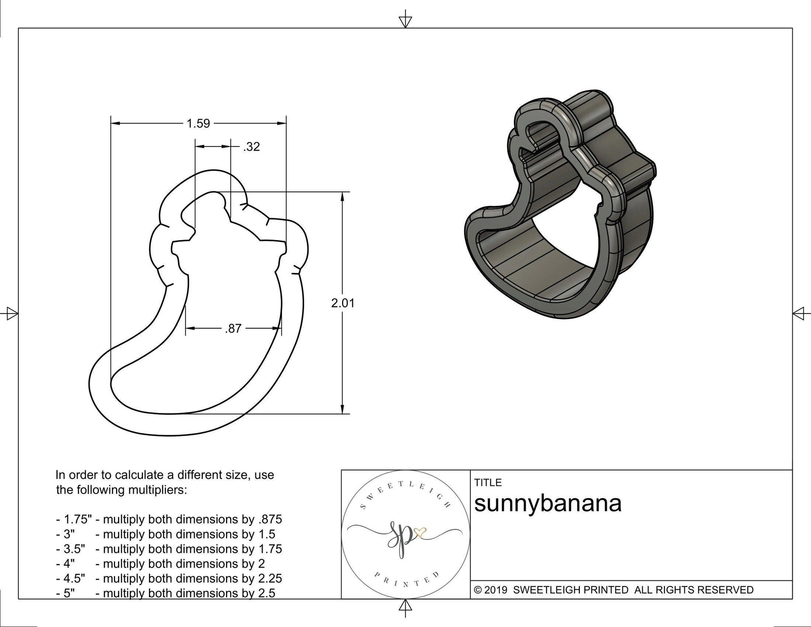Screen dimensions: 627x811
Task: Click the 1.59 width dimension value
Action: (x=198, y=123)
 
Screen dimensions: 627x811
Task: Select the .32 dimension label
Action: (x=251, y=147)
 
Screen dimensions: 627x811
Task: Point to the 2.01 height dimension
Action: (x=343, y=303)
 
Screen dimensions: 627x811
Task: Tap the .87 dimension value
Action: (x=233, y=329)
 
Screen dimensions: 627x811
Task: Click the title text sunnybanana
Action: (x=547, y=504)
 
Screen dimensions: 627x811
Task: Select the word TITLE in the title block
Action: (x=488, y=482)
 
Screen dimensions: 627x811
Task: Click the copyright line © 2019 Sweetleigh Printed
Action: (x=613, y=590)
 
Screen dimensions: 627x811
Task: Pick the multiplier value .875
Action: (x=270, y=519)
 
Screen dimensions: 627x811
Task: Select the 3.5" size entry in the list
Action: (x=70, y=549)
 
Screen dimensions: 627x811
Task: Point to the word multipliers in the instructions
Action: (x=158, y=490)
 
